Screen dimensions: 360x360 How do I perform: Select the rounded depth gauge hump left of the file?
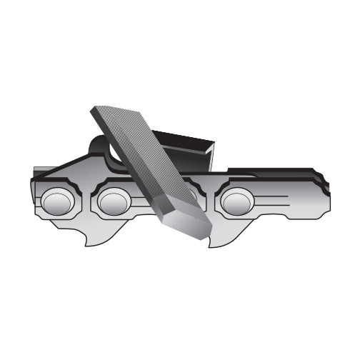point(100,146)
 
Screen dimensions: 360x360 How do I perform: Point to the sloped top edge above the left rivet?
point(68,168)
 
